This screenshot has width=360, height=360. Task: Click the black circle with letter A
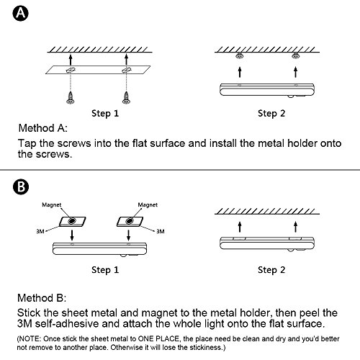click(20, 13)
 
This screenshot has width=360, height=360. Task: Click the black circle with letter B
click(21, 186)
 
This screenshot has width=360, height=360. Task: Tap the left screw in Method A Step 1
click(70, 98)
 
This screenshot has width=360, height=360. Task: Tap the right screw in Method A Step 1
click(126, 98)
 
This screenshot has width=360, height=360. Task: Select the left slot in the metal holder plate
click(71, 71)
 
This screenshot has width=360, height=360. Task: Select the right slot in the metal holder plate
click(126, 71)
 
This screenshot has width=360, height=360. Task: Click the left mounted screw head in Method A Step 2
click(240, 56)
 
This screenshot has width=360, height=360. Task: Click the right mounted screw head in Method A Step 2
click(295, 56)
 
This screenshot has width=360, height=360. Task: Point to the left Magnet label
click(52, 205)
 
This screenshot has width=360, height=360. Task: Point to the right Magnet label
click(148, 205)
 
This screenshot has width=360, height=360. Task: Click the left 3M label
click(40, 231)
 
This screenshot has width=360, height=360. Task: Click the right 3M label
click(161, 231)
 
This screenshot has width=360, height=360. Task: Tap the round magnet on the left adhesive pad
click(72, 220)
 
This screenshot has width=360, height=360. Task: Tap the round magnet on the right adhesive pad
click(130, 220)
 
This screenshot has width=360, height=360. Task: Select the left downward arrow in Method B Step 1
click(72, 235)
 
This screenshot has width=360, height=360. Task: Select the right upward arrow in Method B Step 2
click(295, 227)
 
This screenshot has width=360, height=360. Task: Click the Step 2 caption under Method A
click(271, 113)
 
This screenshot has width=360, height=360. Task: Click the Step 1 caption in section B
click(105, 270)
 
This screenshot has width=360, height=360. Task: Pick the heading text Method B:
click(42, 298)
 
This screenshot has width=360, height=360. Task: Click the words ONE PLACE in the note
click(158, 338)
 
